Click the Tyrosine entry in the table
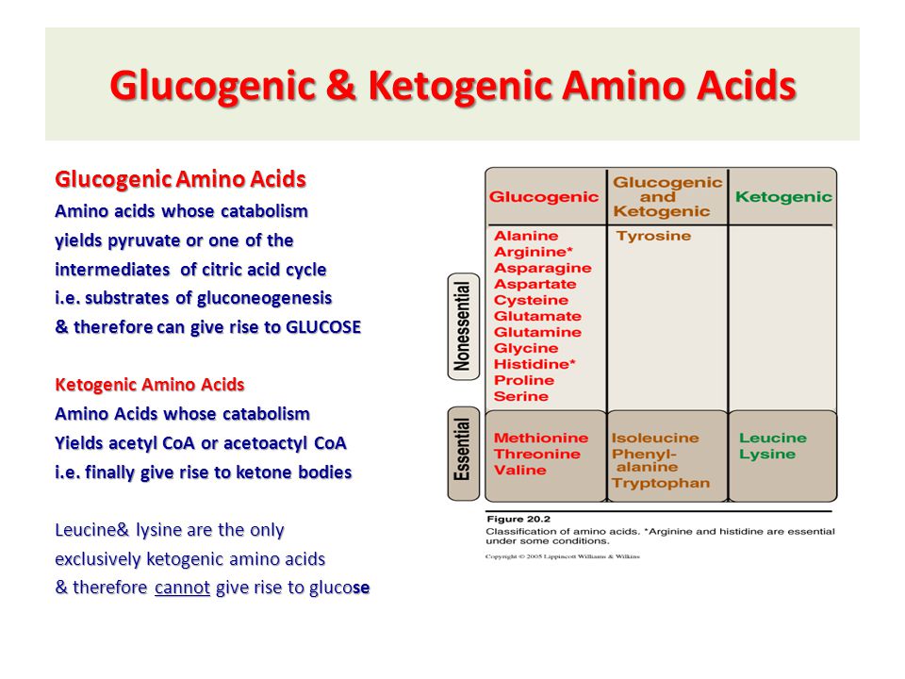click(653, 236)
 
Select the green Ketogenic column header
click(783, 197)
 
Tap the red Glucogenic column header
click(544, 197)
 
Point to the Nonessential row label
click(463, 326)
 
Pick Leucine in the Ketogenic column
click(773, 438)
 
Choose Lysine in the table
click(767, 455)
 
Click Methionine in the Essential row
click(541, 438)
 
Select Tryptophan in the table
click(661, 483)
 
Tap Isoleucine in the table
click(655, 438)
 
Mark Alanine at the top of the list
click(526, 236)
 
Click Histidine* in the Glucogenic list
click(535, 364)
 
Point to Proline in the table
click(524, 380)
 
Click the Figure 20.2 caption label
click(518, 519)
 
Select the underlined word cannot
click(182, 588)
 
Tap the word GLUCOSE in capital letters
click(323, 327)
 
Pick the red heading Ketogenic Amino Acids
click(150, 385)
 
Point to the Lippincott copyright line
click(563, 556)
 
